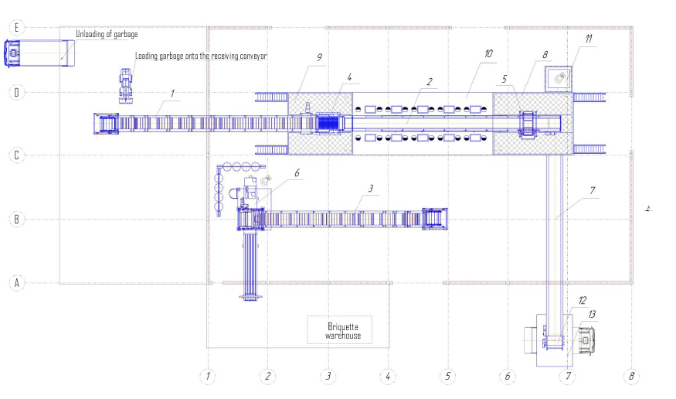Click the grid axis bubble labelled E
17,28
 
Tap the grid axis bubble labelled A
17,283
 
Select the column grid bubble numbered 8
632,376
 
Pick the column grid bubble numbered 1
208,376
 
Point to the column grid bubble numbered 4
388,376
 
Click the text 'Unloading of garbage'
107,34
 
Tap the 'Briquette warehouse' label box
340,330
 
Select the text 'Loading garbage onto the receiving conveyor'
201,56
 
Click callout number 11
589,39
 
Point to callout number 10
488,53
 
